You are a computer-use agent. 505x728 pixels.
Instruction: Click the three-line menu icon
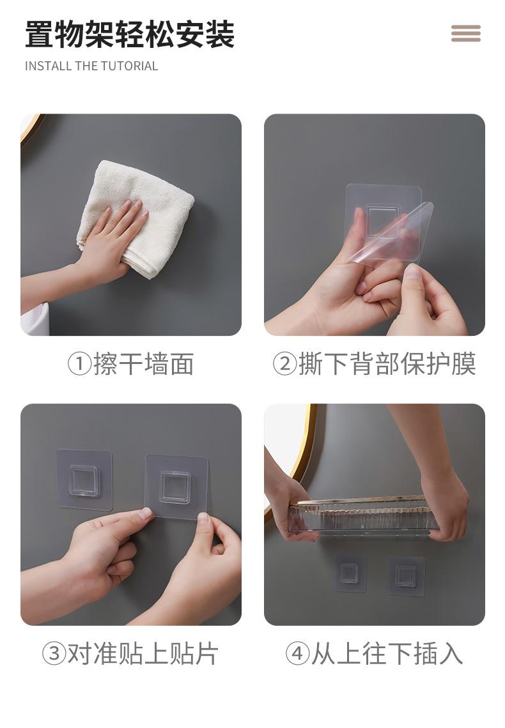point(465,33)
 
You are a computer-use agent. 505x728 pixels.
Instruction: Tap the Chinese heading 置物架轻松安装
point(130,34)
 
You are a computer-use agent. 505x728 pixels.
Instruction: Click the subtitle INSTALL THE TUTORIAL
point(91,66)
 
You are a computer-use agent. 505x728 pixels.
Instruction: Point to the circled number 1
point(79,364)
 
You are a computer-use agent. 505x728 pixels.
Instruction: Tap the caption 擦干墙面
point(144,364)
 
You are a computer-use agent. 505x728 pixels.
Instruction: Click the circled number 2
point(284,364)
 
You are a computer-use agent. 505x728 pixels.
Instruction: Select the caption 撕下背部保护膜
point(387,364)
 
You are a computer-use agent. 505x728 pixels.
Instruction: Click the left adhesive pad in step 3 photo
point(84,480)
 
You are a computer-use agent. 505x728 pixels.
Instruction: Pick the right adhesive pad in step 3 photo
point(175,487)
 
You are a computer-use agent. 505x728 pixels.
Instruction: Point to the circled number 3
point(54,654)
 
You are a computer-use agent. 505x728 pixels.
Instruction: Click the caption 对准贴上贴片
point(143,654)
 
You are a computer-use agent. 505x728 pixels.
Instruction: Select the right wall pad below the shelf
point(407,576)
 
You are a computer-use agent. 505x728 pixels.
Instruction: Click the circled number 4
point(297,654)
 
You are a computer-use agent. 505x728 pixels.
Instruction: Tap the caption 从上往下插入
point(387,654)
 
